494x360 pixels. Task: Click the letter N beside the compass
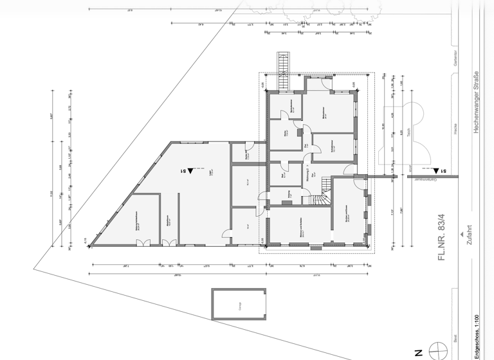click(418, 352)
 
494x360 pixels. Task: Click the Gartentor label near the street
click(455, 57)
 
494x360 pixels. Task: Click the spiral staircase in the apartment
click(321, 194)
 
